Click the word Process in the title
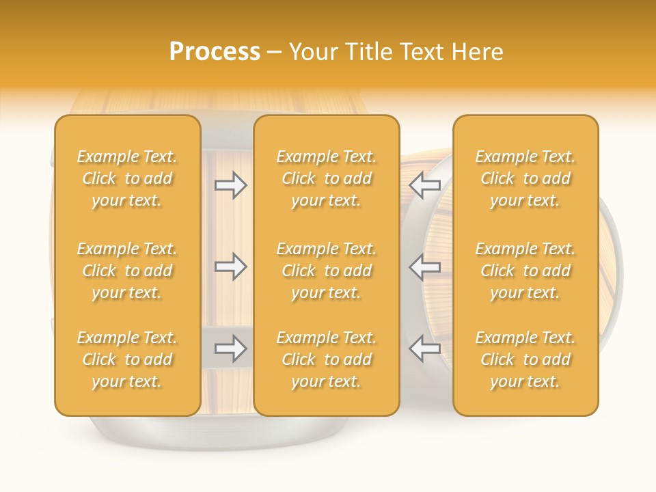click(x=215, y=52)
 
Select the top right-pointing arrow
click(x=231, y=185)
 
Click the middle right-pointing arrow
click(x=231, y=266)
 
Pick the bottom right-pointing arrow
click(x=231, y=348)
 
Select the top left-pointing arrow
click(x=425, y=185)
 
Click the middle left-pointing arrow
click(x=425, y=266)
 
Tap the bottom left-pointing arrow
click(x=425, y=348)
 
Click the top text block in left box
click(x=127, y=178)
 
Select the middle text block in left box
click(x=127, y=271)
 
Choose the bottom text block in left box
click(x=127, y=359)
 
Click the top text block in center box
click(x=327, y=178)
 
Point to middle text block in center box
click(x=327, y=271)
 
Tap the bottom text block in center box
click(x=327, y=359)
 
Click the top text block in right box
click(x=525, y=178)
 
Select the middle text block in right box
click(x=525, y=271)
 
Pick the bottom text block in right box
click(x=525, y=359)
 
